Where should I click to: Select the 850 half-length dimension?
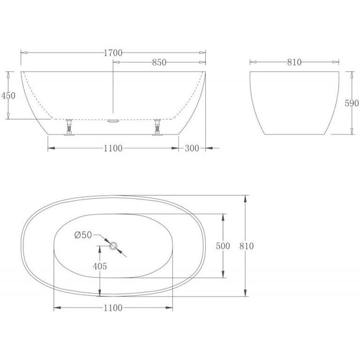pyautogui.click(x=159, y=63)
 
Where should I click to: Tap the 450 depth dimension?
pyautogui.click(x=9, y=95)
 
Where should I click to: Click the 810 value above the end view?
pyautogui.click(x=294, y=63)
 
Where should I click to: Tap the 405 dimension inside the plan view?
pyautogui.click(x=99, y=266)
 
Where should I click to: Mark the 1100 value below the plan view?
pyautogui.click(x=112, y=308)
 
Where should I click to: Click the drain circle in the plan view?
pyautogui.click(x=114, y=246)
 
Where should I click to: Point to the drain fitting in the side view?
pyautogui.click(x=113, y=117)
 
